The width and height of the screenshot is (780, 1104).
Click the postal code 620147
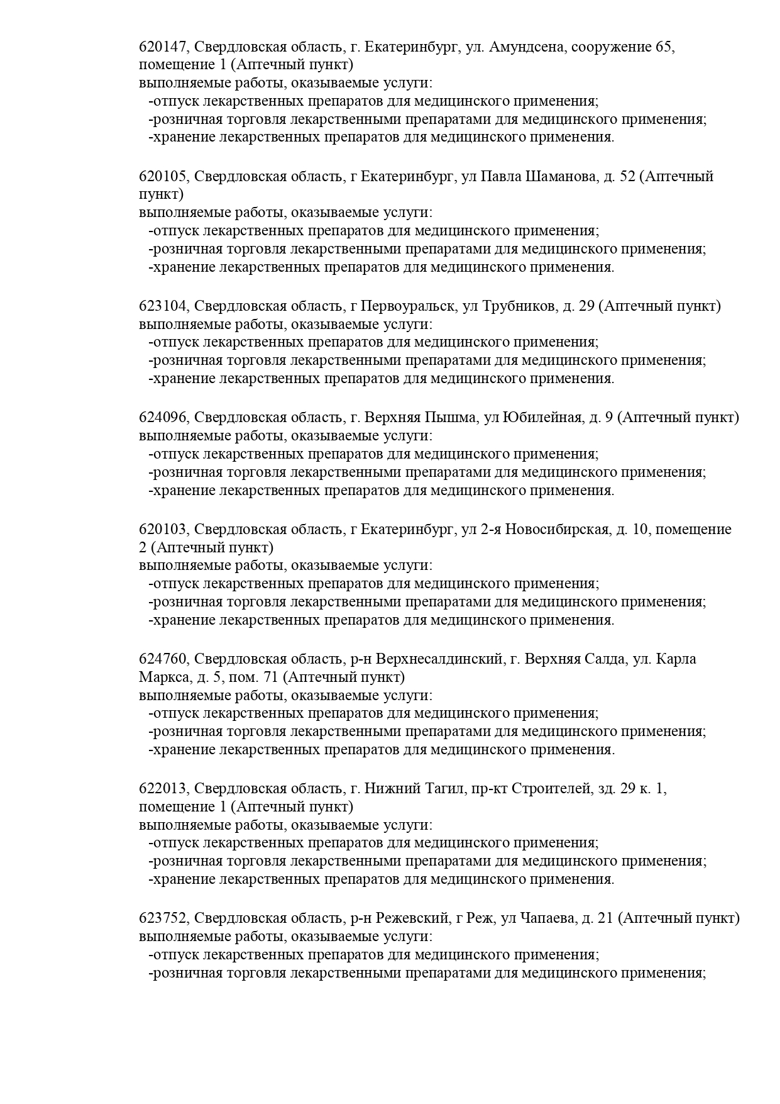pyautogui.click(x=163, y=47)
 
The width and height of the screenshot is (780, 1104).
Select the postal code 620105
pyautogui.click(x=163, y=177)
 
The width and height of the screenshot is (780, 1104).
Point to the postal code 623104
pyautogui.click(x=163, y=306)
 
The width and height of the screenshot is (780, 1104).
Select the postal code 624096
pyautogui.click(x=163, y=418)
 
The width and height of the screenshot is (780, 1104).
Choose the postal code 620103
pyautogui.click(x=163, y=530)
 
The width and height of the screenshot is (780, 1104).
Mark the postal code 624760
pyautogui.click(x=163, y=659)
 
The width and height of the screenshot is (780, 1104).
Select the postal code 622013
pyautogui.click(x=163, y=789)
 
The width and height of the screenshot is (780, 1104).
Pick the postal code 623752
pyautogui.click(x=163, y=918)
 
